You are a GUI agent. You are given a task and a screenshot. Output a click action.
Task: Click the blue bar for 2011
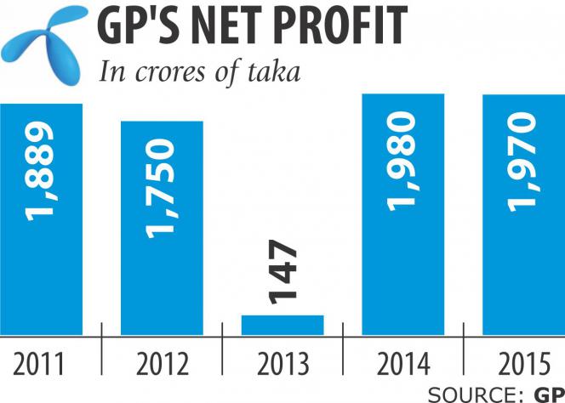point(41,255)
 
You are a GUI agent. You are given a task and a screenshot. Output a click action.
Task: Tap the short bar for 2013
point(282,325)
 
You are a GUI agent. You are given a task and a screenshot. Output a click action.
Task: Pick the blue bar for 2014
point(403,255)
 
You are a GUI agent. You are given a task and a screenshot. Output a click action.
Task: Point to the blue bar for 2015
point(523,255)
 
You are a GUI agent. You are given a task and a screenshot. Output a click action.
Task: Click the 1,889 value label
point(41,169)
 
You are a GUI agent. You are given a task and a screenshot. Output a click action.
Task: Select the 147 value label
point(282,272)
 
